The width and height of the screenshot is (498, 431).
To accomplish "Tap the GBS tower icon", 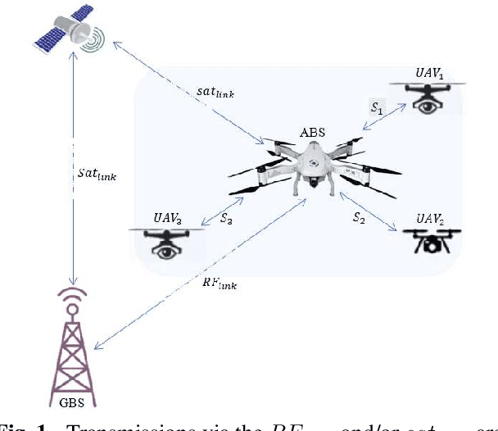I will tap(74, 344).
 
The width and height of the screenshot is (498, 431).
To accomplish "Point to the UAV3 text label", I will tap(168, 219).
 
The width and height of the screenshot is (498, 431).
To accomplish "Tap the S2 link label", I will tap(359, 218).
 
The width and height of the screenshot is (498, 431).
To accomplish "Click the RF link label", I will tap(220, 284).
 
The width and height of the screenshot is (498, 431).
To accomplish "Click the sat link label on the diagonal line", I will tap(216, 93).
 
